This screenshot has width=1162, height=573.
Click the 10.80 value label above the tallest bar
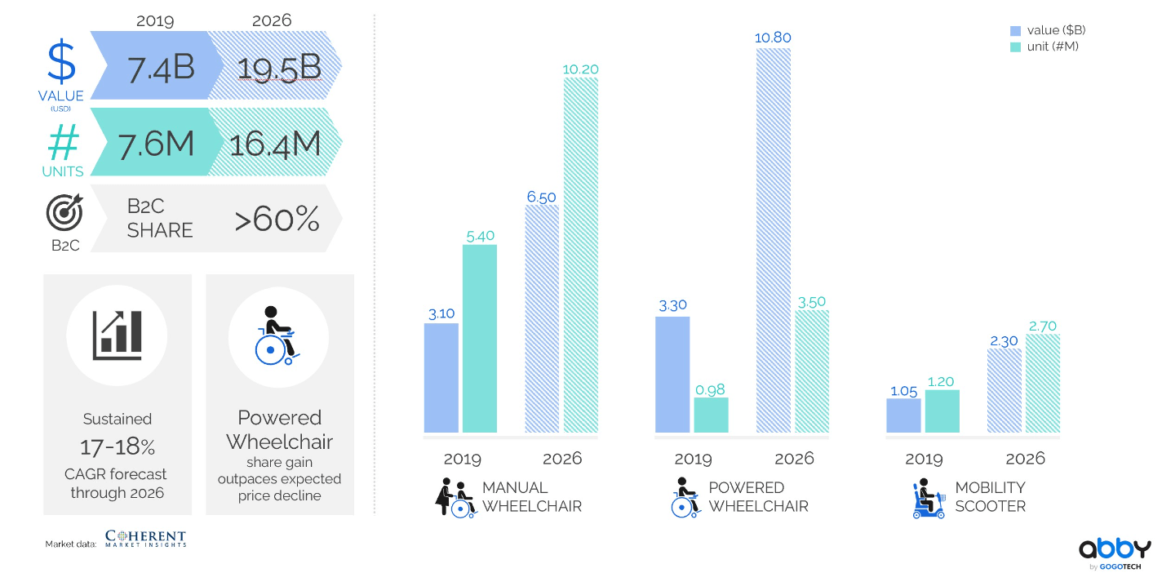pyautogui.click(x=773, y=38)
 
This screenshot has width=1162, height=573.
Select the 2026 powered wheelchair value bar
pyautogui.click(x=773, y=240)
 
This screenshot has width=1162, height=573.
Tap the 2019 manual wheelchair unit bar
pyautogui.click(x=479, y=339)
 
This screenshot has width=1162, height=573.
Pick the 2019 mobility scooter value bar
pyautogui.click(x=903, y=415)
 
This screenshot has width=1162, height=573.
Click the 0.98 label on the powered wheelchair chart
pyautogui.click(x=710, y=390)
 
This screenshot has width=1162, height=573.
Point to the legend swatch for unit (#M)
pyautogui.click(x=1015, y=47)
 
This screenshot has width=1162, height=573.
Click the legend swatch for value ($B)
pyautogui.click(x=1015, y=31)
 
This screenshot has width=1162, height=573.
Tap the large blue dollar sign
pyautogui.click(x=61, y=61)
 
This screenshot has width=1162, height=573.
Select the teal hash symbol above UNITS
pyautogui.click(x=64, y=142)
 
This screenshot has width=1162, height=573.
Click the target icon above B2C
pyautogui.click(x=64, y=212)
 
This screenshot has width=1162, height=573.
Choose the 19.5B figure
pyautogui.click(x=279, y=69)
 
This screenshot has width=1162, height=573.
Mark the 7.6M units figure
pyautogui.click(x=156, y=144)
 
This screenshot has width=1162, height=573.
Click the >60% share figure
pyautogui.click(x=277, y=219)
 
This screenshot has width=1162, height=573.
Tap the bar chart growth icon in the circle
pyautogui.click(x=118, y=335)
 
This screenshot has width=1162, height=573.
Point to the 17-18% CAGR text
pyautogui.click(x=118, y=446)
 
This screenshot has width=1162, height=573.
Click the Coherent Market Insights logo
pyautogui.click(x=145, y=538)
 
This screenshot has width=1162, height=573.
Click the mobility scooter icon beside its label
pyautogui.click(x=929, y=499)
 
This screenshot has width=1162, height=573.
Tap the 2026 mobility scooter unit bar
pyautogui.click(x=1042, y=384)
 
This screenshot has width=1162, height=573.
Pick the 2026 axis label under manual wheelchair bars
pyautogui.click(x=561, y=459)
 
